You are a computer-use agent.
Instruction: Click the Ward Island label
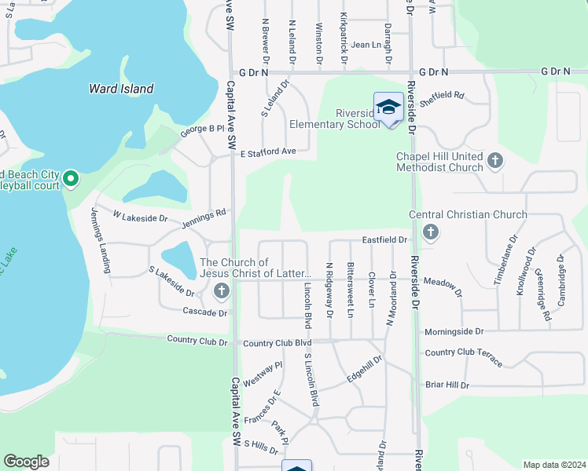tap(121, 89)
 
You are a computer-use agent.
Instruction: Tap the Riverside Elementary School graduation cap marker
tap(388, 108)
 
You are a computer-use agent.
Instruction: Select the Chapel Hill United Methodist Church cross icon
tap(494, 161)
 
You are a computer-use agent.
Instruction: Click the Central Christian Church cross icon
tap(430, 232)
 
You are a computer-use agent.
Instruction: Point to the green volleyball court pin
tap(70, 180)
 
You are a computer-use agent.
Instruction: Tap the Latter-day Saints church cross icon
tap(221, 292)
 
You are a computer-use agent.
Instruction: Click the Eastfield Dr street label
tap(384, 239)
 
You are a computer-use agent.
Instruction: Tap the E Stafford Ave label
tap(268, 152)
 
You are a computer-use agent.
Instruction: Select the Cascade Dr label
tap(204, 312)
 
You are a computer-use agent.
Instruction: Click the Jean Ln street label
tap(366, 45)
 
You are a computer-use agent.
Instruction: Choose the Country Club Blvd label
tap(277, 343)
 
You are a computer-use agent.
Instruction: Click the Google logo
tap(27, 462)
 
